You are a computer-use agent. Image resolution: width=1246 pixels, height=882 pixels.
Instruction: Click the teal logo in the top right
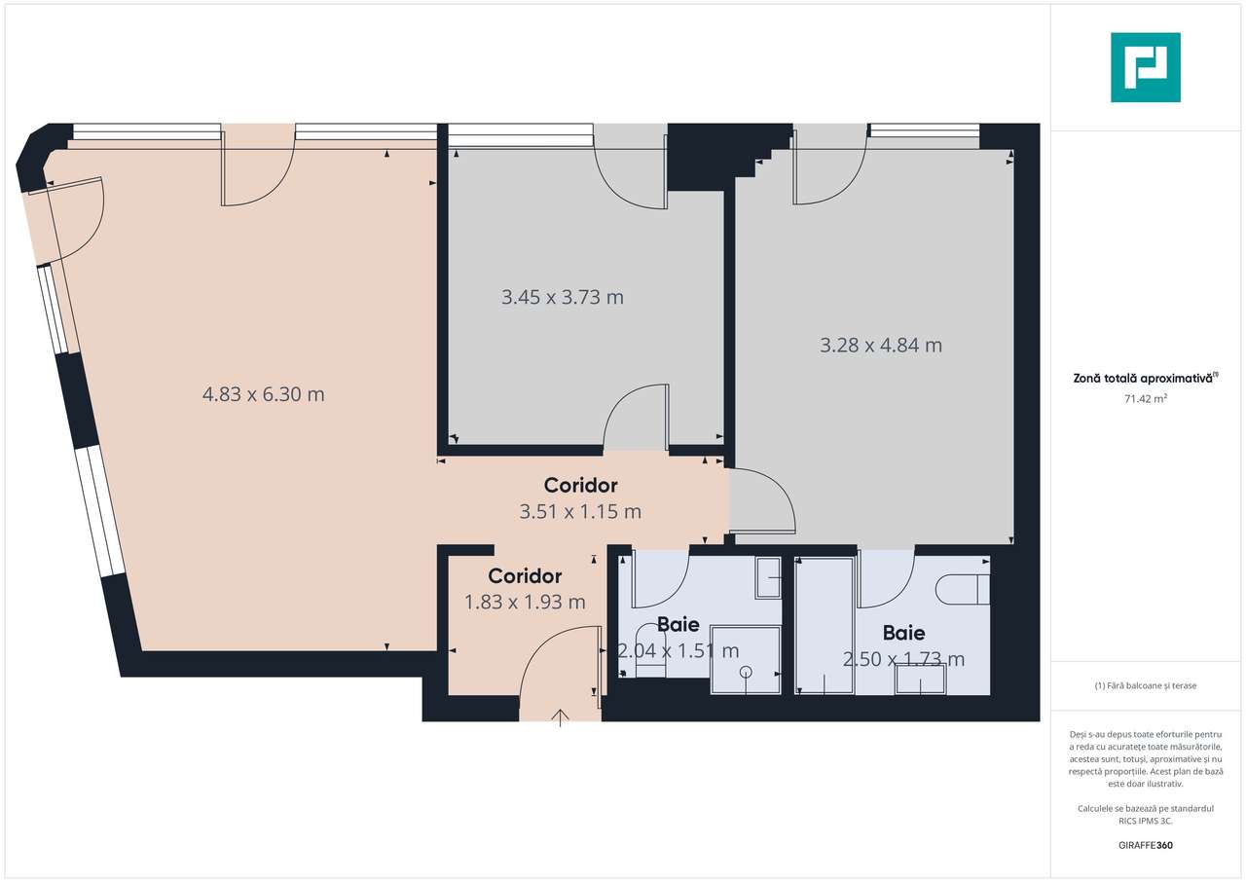1146,67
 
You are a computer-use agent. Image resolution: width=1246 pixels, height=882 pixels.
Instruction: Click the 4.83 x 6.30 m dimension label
263,394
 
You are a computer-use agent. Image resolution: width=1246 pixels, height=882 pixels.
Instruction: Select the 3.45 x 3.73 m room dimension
563,297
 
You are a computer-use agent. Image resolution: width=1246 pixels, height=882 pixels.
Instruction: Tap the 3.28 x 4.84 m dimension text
881,345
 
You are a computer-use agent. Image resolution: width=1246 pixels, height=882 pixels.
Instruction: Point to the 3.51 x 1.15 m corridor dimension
580,511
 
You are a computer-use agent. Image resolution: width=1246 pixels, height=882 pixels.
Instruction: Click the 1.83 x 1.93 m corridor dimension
525,602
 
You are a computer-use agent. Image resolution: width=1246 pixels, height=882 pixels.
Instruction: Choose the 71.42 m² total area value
1145,397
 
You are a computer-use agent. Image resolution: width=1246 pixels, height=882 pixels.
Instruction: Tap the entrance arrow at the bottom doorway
561,718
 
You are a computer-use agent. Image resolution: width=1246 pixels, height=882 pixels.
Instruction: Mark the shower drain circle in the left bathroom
747,672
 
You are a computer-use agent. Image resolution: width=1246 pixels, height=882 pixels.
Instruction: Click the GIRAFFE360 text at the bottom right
1146,845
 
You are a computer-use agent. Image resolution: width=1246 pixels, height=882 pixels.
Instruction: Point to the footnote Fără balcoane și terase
1145,685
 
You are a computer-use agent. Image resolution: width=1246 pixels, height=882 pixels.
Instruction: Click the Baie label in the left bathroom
678,625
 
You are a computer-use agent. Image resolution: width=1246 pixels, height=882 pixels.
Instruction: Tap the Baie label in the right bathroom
903,634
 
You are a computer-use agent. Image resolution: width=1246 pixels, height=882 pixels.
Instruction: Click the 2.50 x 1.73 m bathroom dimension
903,659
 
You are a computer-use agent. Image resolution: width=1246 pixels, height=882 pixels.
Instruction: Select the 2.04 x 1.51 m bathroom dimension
678,650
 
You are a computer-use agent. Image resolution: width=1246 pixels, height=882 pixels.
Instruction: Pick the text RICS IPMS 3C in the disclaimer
1145,821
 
